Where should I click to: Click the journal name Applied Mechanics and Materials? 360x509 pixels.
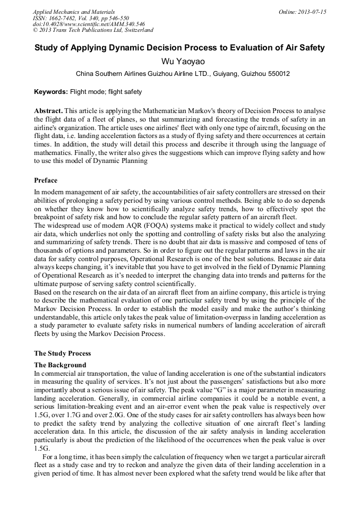pos(74,11)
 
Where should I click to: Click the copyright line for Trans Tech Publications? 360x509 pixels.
pos(93,30)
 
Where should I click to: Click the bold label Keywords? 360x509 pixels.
pos(51,92)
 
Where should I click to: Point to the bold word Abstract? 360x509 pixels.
pos(48,110)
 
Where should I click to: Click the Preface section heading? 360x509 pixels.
pos(46,180)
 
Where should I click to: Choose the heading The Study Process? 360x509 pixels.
pos(62,353)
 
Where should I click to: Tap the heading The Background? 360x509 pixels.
pos(60,365)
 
